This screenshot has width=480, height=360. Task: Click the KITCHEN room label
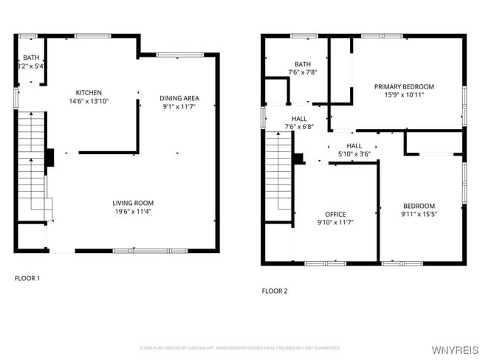[x=89, y=92]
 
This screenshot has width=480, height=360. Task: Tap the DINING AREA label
[x=179, y=98]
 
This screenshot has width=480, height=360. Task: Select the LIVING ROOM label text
[x=133, y=203]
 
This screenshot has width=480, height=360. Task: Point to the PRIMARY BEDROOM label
[x=404, y=86]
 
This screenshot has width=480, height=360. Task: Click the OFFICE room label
[x=335, y=214]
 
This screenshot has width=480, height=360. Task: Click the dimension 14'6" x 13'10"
[x=89, y=101]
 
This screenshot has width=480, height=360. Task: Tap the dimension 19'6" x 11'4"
[x=133, y=212]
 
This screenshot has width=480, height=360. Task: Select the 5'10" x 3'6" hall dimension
[x=354, y=154]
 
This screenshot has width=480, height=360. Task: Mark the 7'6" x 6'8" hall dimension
[x=299, y=126]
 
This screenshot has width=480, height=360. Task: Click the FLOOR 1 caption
[x=28, y=278]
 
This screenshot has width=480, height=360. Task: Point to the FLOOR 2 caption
[x=275, y=291]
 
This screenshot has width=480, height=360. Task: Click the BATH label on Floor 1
[x=31, y=58]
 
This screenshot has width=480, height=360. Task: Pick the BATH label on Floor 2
[x=303, y=64]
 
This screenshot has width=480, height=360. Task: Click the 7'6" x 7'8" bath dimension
[x=303, y=72]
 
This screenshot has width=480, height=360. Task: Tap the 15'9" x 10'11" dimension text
[x=404, y=94]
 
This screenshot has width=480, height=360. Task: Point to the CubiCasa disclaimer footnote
[x=240, y=347]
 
